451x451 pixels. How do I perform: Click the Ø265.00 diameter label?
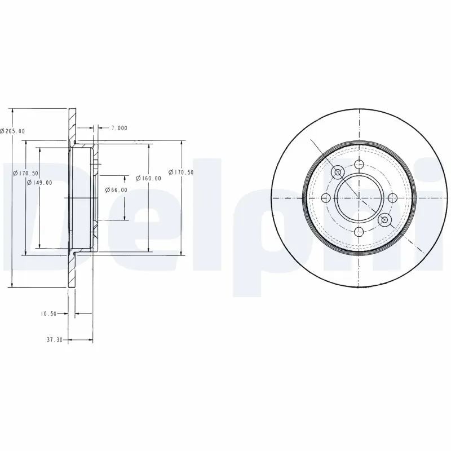coord(12,131)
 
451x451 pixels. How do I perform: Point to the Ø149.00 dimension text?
coord(39,182)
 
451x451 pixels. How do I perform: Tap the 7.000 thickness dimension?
coord(119,128)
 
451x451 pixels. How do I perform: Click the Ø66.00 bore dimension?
coord(116,190)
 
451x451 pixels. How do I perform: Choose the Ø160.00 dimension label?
coord(149,178)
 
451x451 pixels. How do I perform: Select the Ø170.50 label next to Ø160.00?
coord(182,172)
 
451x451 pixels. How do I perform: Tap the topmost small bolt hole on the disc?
coord(359,165)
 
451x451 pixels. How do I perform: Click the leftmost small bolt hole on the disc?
coord(326,197)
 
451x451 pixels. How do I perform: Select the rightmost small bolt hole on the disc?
coord(392,197)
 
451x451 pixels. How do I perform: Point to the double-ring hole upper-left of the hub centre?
coord(339,172)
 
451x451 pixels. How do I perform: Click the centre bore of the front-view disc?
coord(359,197)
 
